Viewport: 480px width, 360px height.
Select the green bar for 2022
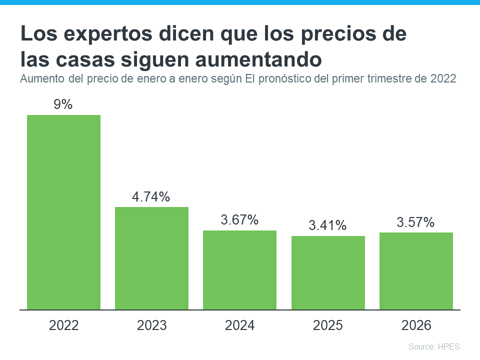(x=63, y=212)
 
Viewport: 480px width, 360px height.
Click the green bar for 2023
(x=151, y=258)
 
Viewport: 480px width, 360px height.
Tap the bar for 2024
(x=239, y=270)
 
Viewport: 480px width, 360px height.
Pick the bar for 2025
(x=328, y=272)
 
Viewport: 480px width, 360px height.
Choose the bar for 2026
(x=416, y=271)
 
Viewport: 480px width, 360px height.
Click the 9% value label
(x=63, y=104)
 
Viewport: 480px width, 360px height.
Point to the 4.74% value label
(x=151, y=197)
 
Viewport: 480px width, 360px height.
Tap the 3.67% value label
(x=239, y=220)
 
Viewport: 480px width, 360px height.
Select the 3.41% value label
(x=327, y=225)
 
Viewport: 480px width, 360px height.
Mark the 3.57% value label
(x=415, y=222)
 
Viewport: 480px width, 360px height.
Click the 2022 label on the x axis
(x=64, y=325)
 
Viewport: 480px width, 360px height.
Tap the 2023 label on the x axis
(x=152, y=325)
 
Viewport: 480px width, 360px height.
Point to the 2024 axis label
(x=240, y=325)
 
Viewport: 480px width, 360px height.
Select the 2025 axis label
(x=328, y=325)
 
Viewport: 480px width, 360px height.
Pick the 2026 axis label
(x=416, y=325)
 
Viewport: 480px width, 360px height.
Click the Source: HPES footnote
(x=433, y=346)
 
